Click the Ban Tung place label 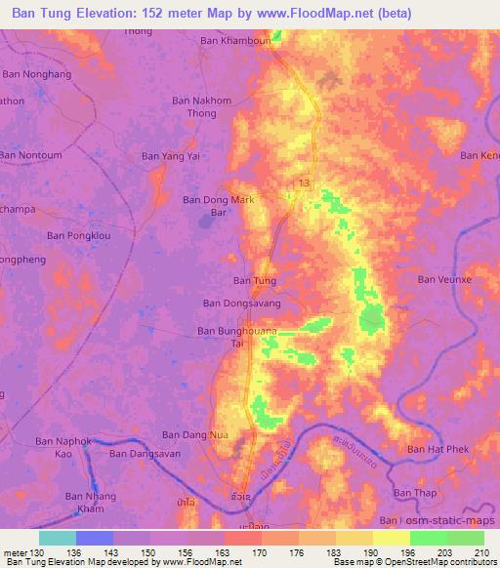(x=254, y=281)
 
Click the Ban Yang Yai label (x=172, y=154)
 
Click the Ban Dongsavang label (x=241, y=304)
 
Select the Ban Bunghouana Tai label (x=237, y=338)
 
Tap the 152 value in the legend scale (x=146, y=553)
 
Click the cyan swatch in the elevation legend (x=58, y=538)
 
